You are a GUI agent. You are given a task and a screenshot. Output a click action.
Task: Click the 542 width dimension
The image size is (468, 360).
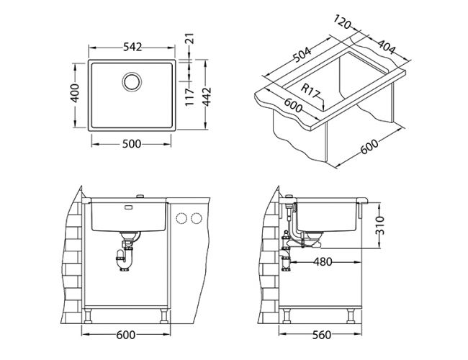click(x=132, y=48)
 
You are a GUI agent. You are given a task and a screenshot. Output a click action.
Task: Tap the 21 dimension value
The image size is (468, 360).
click(x=190, y=38)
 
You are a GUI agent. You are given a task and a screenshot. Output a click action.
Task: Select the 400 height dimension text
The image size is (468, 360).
click(x=75, y=93)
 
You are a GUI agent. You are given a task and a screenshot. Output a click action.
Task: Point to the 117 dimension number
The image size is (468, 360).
click(x=190, y=96)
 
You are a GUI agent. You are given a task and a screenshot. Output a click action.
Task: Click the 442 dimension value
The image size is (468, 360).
click(x=207, y=96)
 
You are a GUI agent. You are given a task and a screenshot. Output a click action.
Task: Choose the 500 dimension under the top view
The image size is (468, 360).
click(x=132, y=144)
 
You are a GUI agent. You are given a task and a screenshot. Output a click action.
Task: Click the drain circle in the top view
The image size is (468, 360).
click(x=132, y=81)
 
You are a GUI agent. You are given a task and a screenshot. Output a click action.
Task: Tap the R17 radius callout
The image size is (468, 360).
click(x=310, y=91)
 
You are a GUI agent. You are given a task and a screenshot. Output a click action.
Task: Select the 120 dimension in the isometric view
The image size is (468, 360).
click(x=342, y=22)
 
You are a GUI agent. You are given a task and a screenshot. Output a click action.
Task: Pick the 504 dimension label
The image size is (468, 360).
click(x=302, y=55)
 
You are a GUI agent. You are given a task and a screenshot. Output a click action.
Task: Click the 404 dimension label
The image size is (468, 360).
click(x=386, y=47)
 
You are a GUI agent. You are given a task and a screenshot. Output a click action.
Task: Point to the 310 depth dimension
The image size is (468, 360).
click(x=379, y=225)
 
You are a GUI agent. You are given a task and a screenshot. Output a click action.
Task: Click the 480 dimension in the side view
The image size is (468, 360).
click(x=323, y=262)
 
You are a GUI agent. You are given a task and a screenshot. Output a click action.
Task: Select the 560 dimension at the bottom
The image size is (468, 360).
click(x=322, y=336)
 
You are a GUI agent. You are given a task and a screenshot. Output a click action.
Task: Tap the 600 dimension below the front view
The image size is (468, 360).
click(x=126, y=336)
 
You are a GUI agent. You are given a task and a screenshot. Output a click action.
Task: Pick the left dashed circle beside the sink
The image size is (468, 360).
click(x=181, y=218)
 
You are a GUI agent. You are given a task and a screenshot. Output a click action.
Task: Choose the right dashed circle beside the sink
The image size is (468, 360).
click(x=197, y=218)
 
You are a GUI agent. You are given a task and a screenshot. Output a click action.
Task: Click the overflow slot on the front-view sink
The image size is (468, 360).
click(x=129, y=207)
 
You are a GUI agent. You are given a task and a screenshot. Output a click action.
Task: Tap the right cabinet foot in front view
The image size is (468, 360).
click(x=164, y=316)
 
